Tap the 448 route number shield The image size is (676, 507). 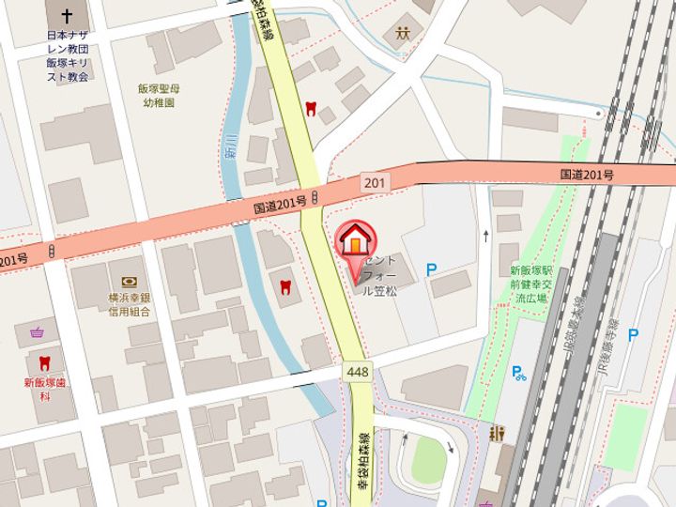click(x=357, y=372)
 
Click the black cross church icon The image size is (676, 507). click(x=67, y=17)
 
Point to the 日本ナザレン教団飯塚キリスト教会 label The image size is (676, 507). click(x=67, y=56)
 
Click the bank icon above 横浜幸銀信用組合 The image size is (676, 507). click(x=129, y=281)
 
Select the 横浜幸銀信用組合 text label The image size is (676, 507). click(x=129, y=303)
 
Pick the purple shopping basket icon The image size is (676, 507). click(x=37, y=332)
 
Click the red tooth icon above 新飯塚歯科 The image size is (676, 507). click(x=43, y=362)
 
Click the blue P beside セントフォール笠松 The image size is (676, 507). click(x=432, y=269)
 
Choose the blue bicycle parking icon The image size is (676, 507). click(x=519, y=372)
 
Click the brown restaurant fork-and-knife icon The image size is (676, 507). click(x=497, y=434)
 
